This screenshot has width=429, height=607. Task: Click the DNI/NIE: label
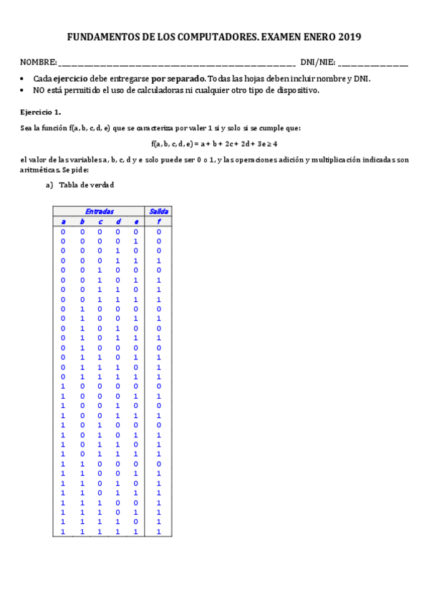point(317,63)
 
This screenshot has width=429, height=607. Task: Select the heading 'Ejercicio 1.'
point(40,112)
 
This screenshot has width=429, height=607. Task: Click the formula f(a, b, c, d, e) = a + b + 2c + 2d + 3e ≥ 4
point(214,144)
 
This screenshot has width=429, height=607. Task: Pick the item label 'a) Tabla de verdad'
point(79,185)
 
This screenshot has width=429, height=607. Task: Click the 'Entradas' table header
point(99,212)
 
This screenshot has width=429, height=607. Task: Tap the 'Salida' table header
point(158,212)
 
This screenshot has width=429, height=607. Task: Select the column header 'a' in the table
point(63,222)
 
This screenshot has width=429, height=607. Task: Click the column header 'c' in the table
point(100,222)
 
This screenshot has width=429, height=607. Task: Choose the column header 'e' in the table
point(136,222)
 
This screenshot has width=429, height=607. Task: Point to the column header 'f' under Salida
point(158,222)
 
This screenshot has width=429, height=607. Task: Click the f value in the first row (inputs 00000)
point(158,232)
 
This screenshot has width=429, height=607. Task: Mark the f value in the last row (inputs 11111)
point(158,532)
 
